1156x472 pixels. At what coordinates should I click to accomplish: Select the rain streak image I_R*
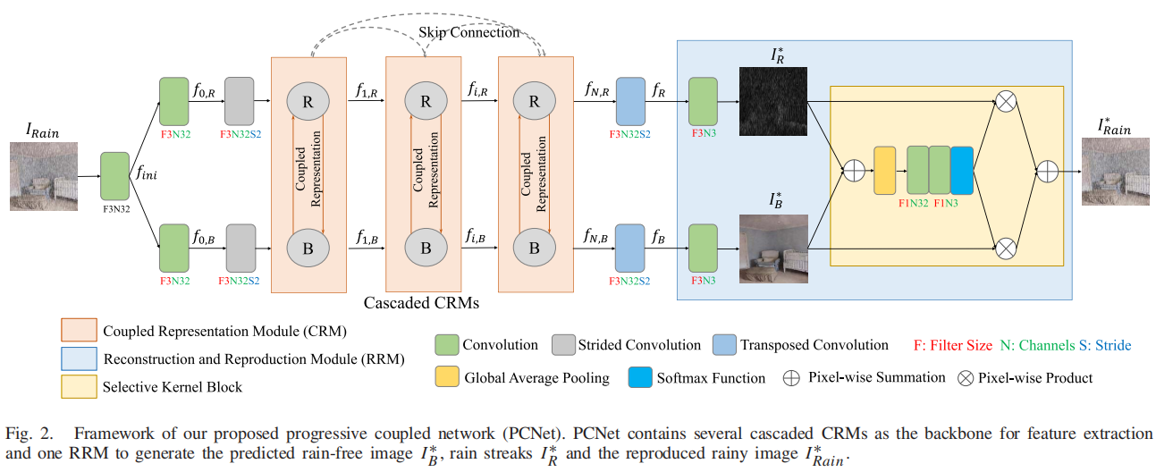[x=772, y=101]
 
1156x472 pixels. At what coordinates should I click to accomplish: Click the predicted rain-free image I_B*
[x=772, y=249]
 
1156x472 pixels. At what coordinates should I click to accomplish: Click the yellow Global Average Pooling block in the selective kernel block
[x=884, y=170]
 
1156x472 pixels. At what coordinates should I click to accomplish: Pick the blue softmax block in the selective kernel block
[x=961, y=170]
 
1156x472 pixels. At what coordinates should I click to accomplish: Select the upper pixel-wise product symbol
[x=1006, y=102]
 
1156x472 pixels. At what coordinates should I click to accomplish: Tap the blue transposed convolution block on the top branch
[x=630, y=102]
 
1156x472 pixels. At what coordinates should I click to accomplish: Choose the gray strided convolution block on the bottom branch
[x=240, y=248]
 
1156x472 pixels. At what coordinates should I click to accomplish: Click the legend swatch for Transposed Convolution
[x=725, y=345]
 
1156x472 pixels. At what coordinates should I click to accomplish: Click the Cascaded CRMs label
[x=421, y=303]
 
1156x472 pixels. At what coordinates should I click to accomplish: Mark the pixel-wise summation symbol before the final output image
[x=1047, y=171]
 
